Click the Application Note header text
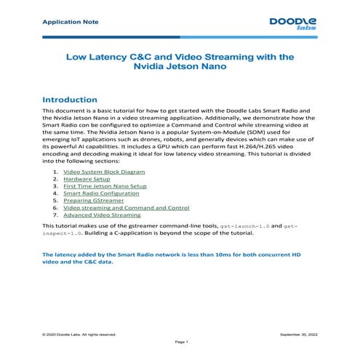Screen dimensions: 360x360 click(60, 21)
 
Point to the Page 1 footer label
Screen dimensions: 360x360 click(181, 342)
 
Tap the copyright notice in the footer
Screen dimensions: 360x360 click(80, 334)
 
